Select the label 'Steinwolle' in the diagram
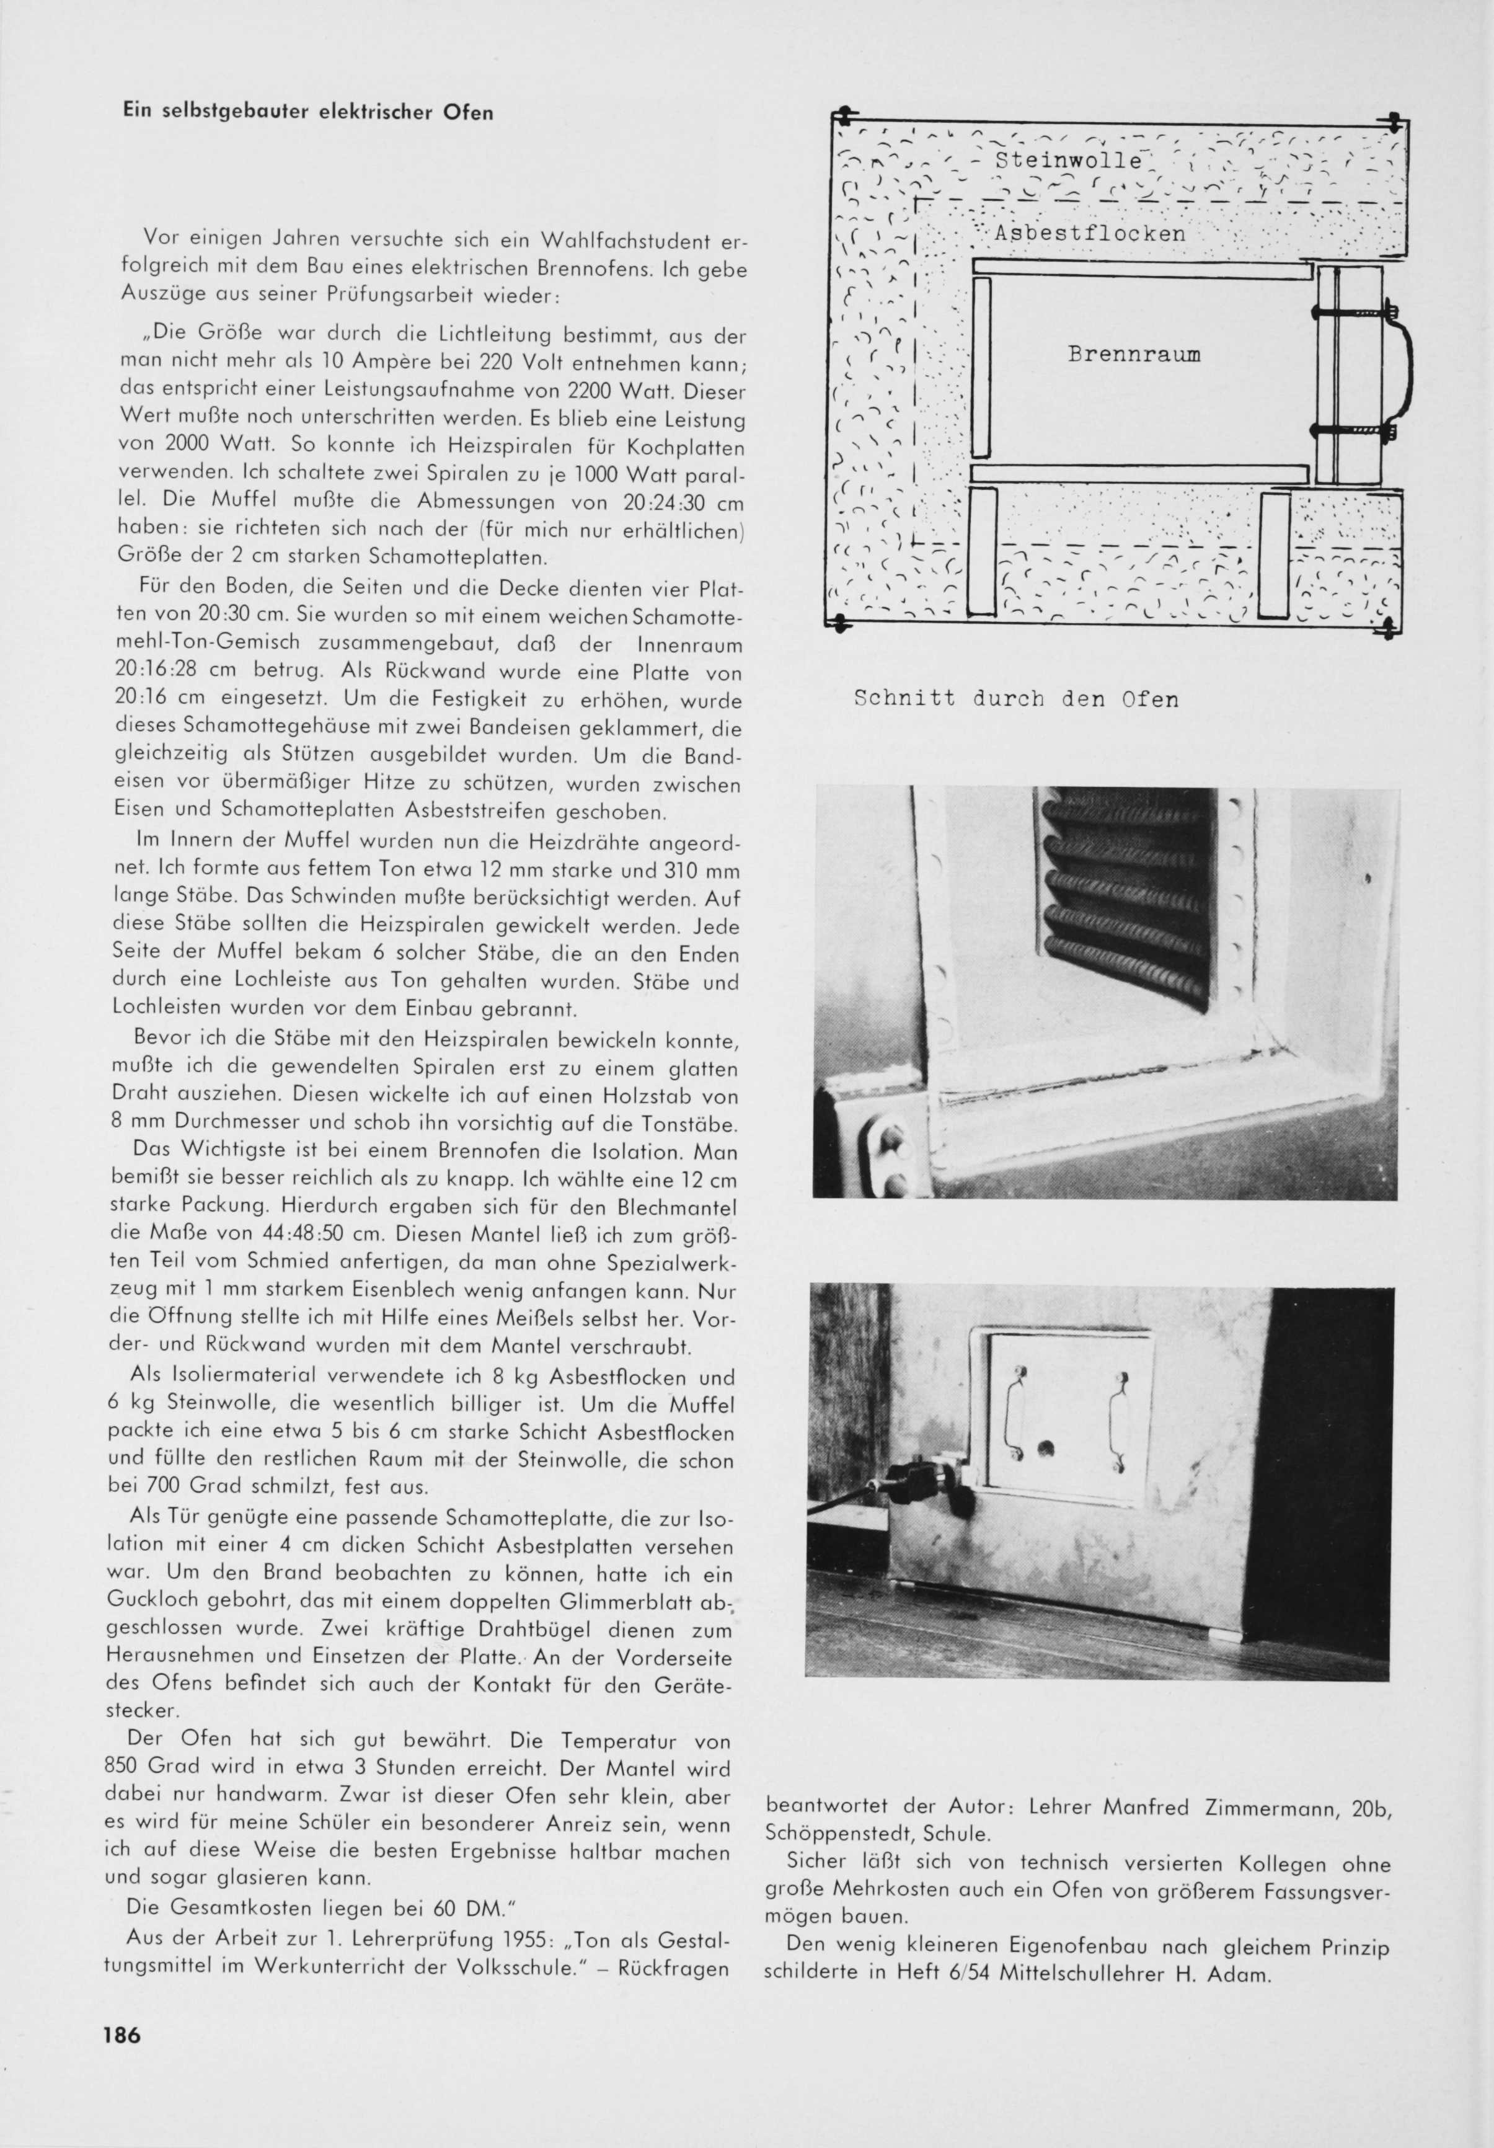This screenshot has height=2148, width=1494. (1067, 160)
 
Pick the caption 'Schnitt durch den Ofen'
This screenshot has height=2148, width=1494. (1016, 699)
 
